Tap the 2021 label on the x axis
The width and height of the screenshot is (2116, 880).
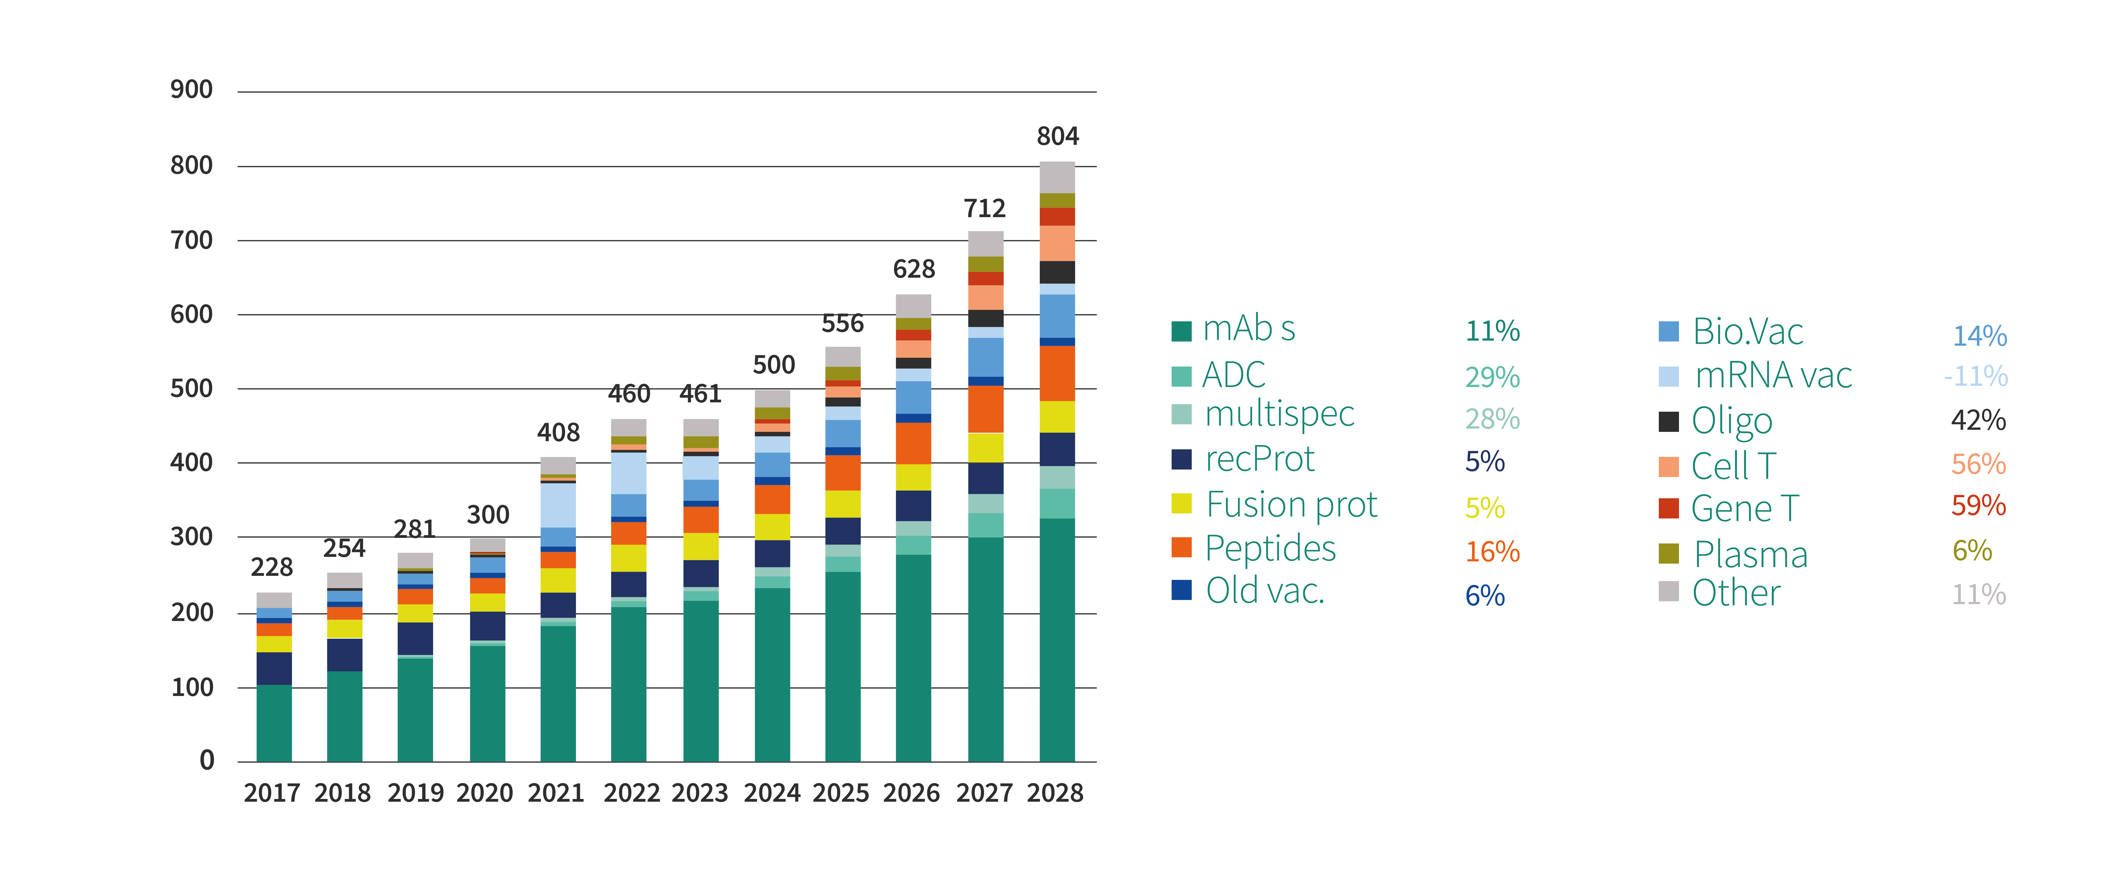(556, 793)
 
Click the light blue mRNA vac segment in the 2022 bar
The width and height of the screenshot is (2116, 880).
(628, 473)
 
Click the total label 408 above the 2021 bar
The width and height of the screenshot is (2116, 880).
(558, 432)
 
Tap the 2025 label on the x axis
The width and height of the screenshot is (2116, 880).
(841, 793)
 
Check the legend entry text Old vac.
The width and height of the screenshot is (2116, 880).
(1265, 591)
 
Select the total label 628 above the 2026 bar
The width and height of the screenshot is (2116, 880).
(914, 269)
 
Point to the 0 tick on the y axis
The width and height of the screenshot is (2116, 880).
(207, 760)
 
